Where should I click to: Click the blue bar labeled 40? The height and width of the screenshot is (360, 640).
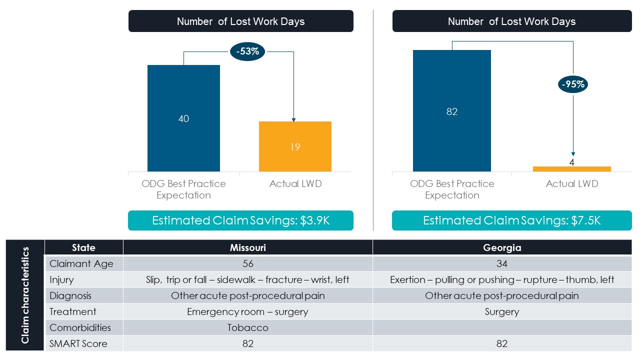coord(183,118)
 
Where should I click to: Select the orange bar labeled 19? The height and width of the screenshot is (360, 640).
coord(295,146)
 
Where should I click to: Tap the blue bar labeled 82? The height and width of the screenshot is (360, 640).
coord(452,111)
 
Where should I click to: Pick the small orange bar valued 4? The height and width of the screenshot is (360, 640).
coord(571,169)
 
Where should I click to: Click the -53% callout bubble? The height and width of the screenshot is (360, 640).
coord(247,52)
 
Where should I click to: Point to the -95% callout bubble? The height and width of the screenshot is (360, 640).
coord(573,84)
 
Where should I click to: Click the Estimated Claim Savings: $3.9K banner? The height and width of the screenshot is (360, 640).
coord(240,220)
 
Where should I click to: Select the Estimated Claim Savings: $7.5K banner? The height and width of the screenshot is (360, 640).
coord(511,220)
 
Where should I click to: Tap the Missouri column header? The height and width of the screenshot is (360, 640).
coord(247,247)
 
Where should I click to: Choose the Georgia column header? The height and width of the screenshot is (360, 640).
coord(502,247)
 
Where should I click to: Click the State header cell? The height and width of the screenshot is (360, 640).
coord(83,247)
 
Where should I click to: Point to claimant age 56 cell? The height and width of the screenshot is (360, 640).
coord(247,263)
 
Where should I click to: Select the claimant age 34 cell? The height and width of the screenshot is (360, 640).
coord(502,263)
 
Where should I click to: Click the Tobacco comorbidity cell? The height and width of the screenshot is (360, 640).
coord(247,327)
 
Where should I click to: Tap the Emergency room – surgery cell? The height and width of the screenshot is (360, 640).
coord(247,311)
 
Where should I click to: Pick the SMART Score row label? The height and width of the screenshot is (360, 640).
coord(78,343)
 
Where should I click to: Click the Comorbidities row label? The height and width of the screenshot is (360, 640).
coord(80,327)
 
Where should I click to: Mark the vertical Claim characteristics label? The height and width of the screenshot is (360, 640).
coord(25,295)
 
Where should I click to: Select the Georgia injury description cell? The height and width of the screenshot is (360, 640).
coord(502,279)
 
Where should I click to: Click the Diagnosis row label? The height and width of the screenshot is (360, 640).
coord(70,295)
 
